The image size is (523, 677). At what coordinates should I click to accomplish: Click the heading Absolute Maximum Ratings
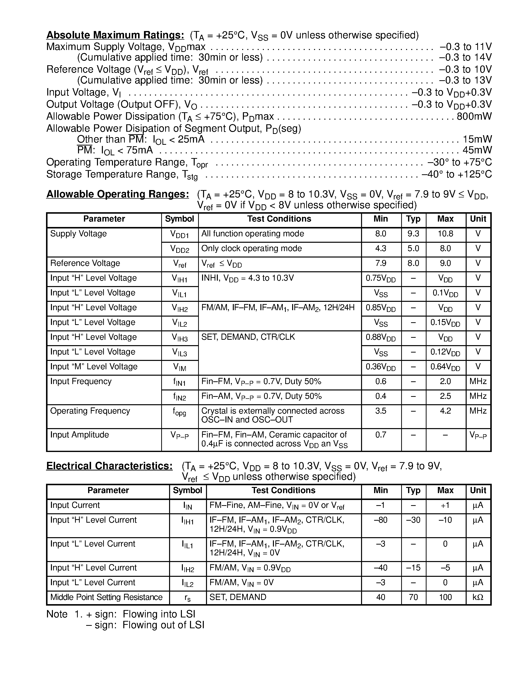click(115, 35)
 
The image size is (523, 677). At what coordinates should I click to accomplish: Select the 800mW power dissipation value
click(474, 116)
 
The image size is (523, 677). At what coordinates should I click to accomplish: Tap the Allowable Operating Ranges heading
click(117, 194)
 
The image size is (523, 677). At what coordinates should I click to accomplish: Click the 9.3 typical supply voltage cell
click(413, 234)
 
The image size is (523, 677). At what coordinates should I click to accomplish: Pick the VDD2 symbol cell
click(180, 249)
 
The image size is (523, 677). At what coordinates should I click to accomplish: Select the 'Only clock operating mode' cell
click(251, 249)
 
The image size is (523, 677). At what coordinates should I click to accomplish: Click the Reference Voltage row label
click(85, 263)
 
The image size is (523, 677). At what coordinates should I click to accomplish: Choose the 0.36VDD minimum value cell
click(380, 367)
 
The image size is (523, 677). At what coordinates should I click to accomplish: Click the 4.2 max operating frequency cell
click(445, 411)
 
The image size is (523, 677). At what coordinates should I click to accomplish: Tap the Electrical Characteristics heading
click(109, 466)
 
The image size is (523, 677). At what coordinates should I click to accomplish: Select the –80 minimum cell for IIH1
click(380, 520)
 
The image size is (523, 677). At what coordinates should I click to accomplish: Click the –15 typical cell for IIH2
click(413, 568)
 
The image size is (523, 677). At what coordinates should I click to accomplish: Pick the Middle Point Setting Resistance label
click(106, 597)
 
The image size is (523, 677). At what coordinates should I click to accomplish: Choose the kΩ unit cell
click(478, 597)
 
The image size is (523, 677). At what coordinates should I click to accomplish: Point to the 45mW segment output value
click(477, 150)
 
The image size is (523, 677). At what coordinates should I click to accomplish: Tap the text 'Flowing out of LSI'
click(163, 625)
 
